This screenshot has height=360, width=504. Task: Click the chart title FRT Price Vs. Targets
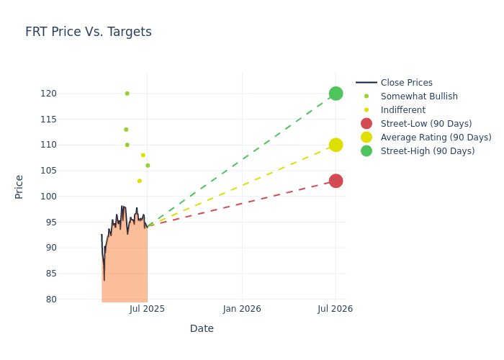point(89,32)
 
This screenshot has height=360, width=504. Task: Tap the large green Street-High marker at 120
point(336,94)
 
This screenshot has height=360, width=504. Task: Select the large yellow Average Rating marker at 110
point(336,145)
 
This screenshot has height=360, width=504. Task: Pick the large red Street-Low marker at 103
point(336,181)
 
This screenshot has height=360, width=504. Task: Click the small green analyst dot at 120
point(127,94)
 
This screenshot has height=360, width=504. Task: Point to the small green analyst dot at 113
point(126,130)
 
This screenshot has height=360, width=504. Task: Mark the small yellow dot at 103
point(140,181)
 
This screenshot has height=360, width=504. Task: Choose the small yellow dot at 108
point(143,155)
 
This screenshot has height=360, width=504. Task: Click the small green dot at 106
point(148,166)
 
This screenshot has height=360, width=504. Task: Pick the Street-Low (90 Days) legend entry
point(426,124)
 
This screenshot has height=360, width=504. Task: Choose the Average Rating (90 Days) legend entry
point(436,138)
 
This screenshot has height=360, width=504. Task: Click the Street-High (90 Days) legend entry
point(427,151)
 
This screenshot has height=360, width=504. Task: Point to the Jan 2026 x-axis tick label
point(242,309)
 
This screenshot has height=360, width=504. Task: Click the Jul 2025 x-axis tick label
point(148,309)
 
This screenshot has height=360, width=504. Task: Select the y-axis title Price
point(19,186)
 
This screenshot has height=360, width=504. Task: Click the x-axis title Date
point(202,329)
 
